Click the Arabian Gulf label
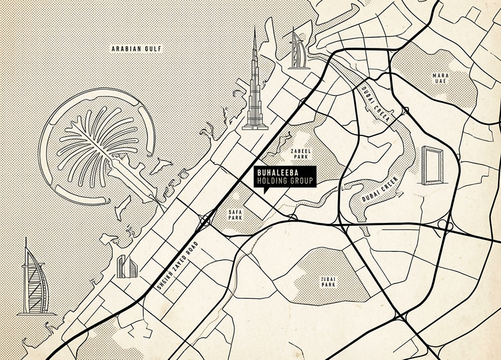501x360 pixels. [x=137, y=49]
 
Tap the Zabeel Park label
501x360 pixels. [x=298, y=155]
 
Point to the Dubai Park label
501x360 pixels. [x=328, y=282]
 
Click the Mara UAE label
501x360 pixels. [x=441, y=79]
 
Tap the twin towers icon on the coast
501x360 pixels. [x=126, y=267]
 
